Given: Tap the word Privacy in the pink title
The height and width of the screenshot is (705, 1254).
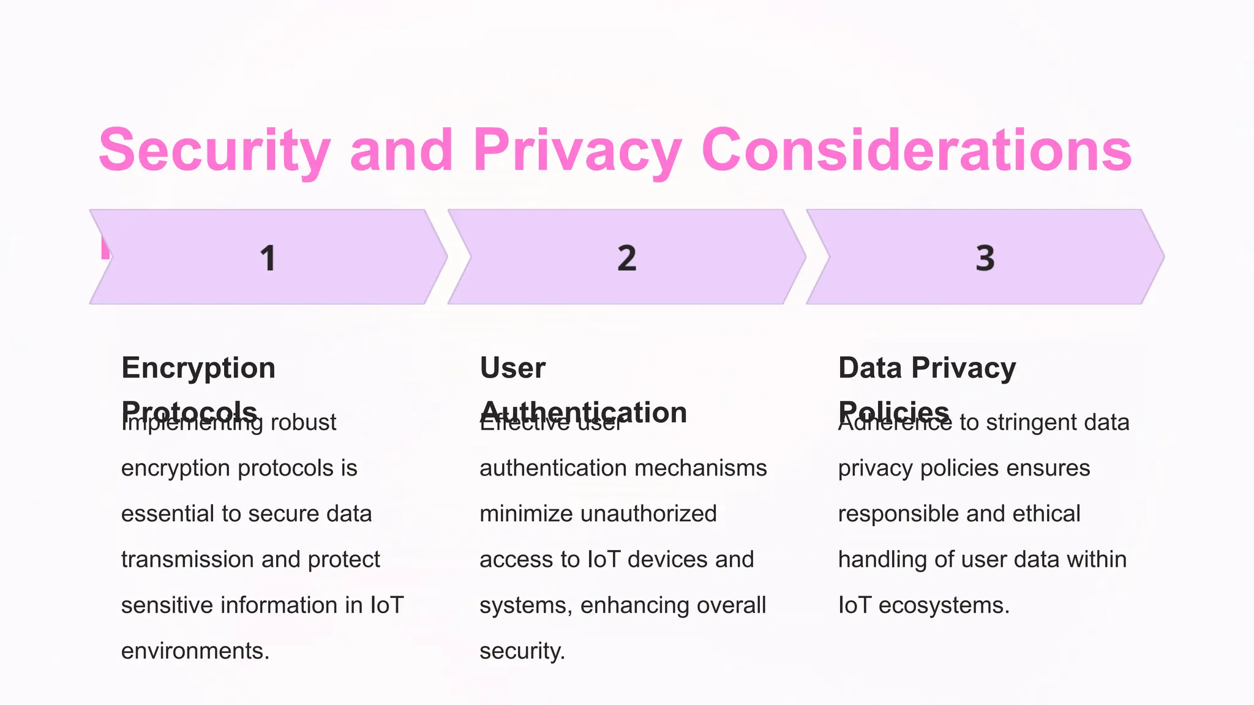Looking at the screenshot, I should [577, 150].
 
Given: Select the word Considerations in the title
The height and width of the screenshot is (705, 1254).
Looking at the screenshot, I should [917, 150].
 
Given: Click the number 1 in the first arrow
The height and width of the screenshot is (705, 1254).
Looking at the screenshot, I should [268, 258].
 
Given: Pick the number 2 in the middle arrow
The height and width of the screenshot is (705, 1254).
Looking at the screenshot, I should [626, 258].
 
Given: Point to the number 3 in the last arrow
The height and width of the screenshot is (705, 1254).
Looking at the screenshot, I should [985, 258].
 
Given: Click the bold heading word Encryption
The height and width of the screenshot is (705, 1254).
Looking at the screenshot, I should [198, 368].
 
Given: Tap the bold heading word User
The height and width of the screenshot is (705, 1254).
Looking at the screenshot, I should [512, 368].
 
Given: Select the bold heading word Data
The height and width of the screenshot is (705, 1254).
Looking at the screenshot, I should [869, 368].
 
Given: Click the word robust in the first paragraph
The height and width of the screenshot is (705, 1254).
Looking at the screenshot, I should [303, 422].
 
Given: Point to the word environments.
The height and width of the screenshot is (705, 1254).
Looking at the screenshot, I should [195, 651].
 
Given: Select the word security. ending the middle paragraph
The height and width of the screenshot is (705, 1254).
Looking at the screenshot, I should [522, 651].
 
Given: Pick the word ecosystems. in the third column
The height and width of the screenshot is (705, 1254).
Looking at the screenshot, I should [944, 605].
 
